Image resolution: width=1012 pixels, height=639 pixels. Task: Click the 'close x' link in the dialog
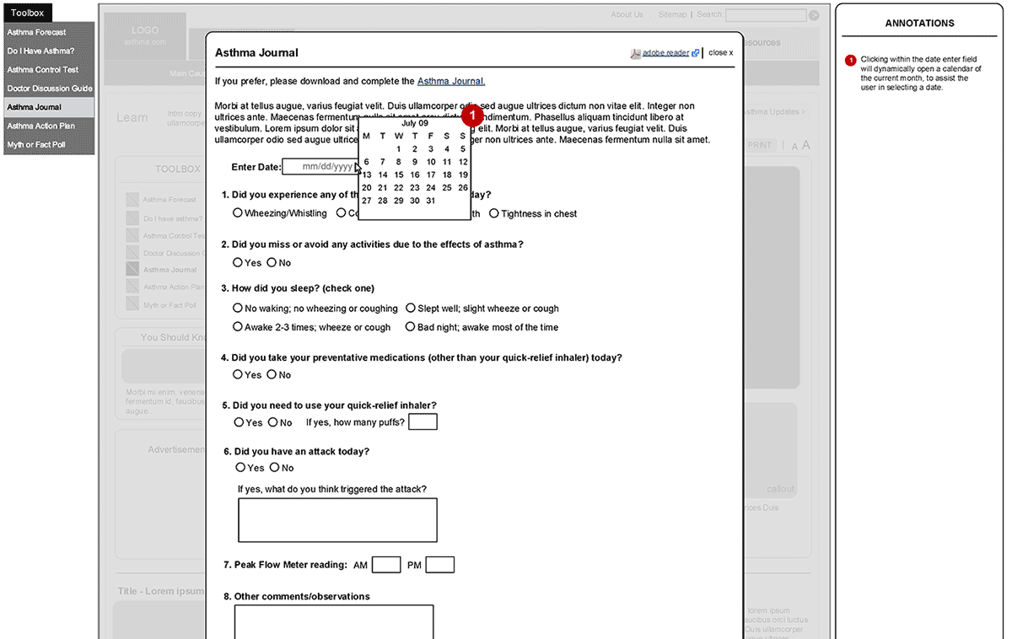coord(720,52)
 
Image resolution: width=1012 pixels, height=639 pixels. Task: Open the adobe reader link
coord(665,52)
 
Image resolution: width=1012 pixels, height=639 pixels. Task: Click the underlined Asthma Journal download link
coord(450,82)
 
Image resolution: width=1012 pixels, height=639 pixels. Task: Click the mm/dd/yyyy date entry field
coord(320,167)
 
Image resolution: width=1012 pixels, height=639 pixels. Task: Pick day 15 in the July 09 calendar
coord(399,175)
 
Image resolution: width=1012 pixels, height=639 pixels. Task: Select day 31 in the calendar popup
coord(431,201)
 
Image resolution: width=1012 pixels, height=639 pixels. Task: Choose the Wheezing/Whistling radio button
coord(238,213)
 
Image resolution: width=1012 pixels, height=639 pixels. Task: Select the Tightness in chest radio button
coord(494,213)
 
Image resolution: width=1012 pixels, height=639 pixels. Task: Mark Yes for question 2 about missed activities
coord(238,262)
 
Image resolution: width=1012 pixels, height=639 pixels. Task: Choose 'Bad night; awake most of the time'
coord(411,326)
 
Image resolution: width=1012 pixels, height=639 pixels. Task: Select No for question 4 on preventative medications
coord(272,374)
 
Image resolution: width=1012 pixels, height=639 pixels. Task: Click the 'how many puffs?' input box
coord(423,422)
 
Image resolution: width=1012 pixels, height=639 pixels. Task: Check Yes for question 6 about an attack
coord(240,467)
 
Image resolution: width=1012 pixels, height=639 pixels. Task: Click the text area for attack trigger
coord(337,519)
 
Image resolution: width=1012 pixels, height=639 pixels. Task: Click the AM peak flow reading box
coord(386,565)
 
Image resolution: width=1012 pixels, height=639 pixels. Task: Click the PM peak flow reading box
coord(439,565)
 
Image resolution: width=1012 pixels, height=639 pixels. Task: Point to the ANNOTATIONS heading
coord(919,24)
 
